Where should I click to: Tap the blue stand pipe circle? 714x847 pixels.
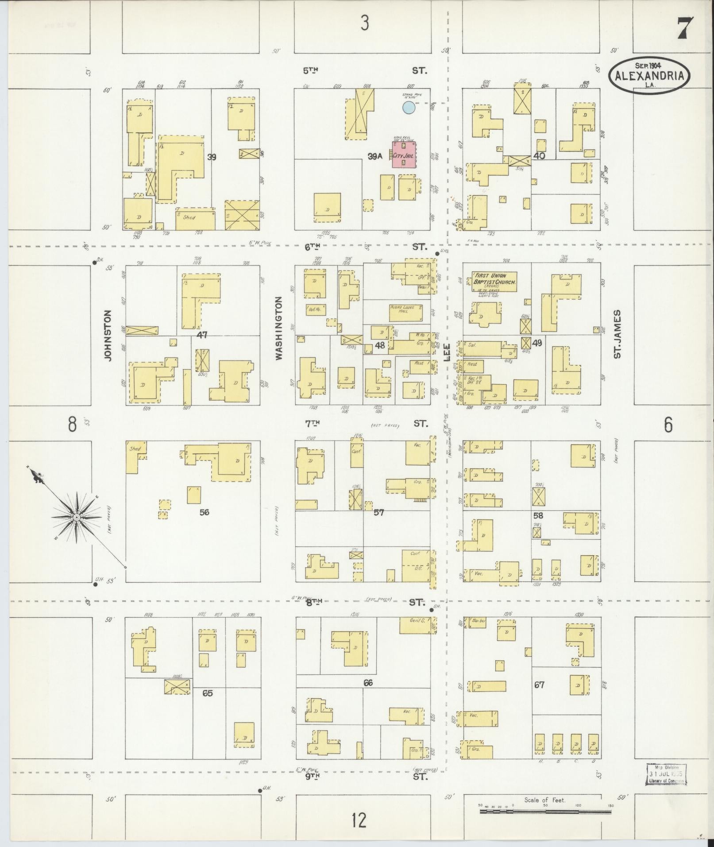[409, 107]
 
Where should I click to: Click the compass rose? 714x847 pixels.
[77, 517]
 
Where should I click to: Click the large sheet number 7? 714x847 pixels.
[685, 29]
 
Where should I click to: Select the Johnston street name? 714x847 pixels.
[108, 335]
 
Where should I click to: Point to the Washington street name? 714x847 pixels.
[279, 328]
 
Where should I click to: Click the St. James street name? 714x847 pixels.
[618, 334]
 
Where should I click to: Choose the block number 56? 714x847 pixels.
[204, 512]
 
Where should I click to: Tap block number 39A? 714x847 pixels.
[374, 156]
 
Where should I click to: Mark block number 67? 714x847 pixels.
[539, 685]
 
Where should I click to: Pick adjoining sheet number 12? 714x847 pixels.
[359, 820]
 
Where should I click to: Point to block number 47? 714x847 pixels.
[202, 335]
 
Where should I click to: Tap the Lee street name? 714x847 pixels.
[446, 352]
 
